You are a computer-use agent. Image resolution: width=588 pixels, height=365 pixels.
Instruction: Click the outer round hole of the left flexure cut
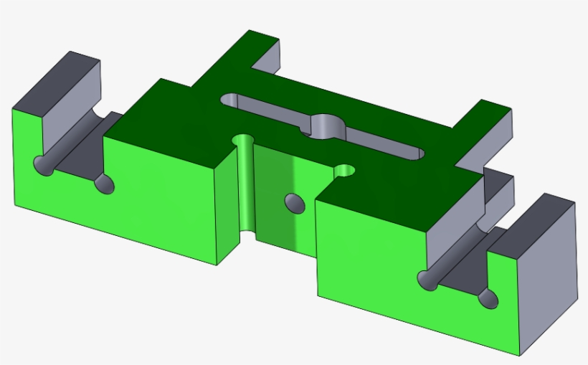pyautogui.click(x=45, y=166)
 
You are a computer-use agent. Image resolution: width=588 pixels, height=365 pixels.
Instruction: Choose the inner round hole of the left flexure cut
pyautogui.click(x=104, y=184)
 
